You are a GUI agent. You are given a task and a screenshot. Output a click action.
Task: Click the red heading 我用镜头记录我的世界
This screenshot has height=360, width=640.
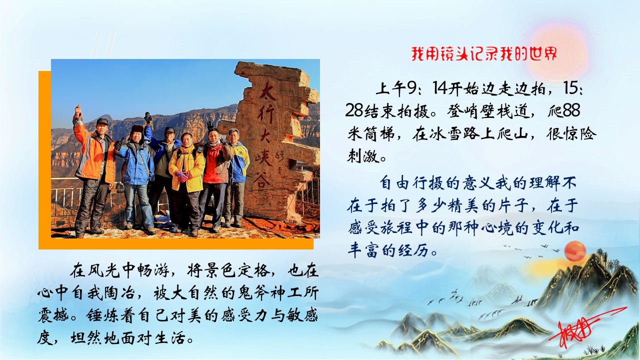pyautogui.click(x=483, y=53)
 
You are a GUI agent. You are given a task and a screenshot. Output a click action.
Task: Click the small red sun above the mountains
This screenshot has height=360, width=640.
pyautogui.click(x=574, y=250)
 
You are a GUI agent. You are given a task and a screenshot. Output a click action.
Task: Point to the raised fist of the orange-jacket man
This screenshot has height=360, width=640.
pyautogui.click(x=77, y=109)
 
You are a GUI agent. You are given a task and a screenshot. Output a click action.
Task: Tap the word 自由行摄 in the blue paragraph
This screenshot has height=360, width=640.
pyautogui.click(x=408, y=182)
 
